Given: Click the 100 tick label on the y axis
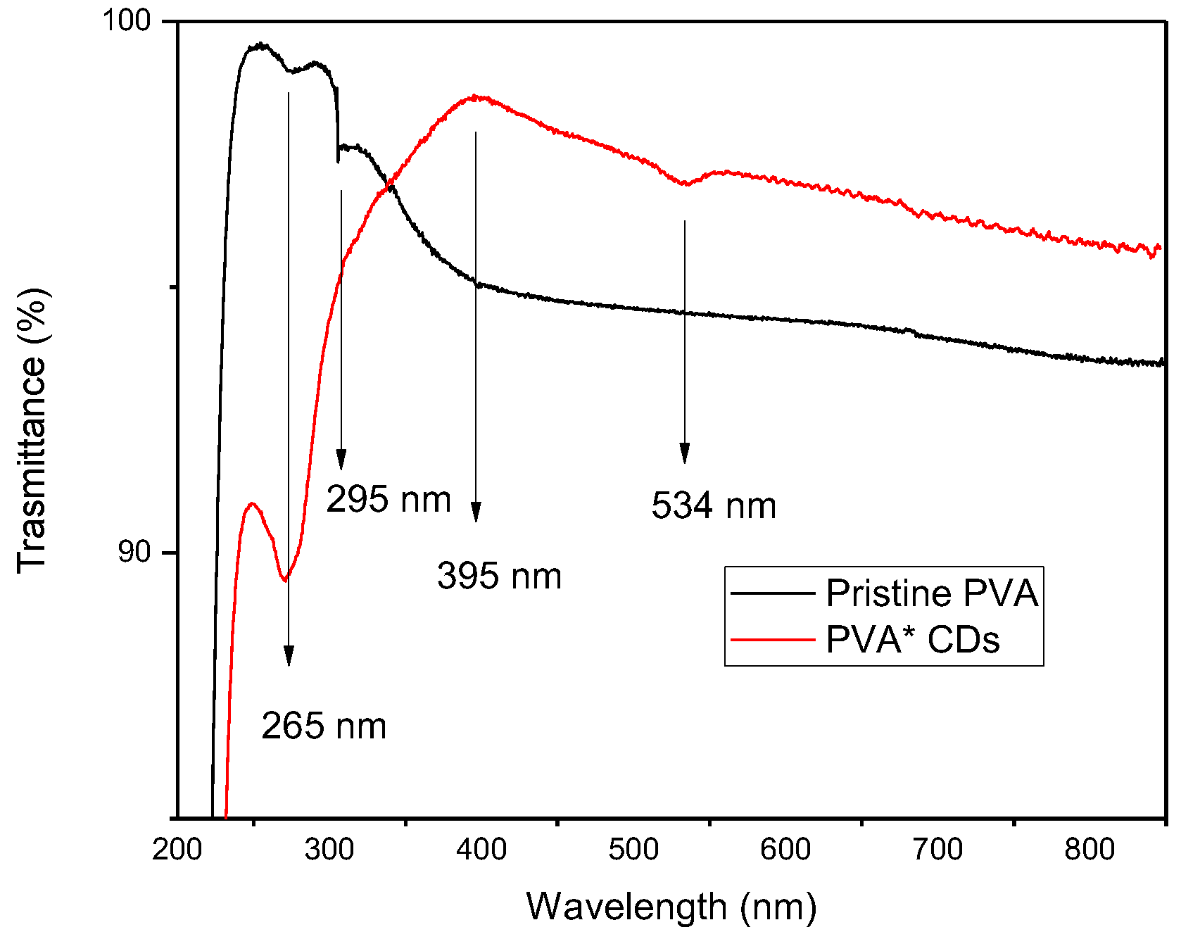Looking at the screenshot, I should (x=127, y=20).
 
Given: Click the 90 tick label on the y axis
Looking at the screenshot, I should (x=134, y=552).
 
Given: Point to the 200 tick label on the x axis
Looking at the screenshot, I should (x=177, y=850).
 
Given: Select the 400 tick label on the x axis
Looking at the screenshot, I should (x=481, y=850).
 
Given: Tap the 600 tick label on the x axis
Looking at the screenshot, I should (x=785, y=850).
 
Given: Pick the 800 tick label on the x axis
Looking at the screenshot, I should (x=1090, y=850).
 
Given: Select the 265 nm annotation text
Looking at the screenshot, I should (x=324, y=726).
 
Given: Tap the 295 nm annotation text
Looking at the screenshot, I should (x=389, y=500).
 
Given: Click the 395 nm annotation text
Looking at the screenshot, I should (x=499, y=576).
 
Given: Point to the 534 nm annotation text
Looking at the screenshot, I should (x=714, y=505).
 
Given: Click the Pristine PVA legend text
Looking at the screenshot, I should (x=932, y=593).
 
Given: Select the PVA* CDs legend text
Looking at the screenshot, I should (x=912, y=640).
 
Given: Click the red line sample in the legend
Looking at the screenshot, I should (x=773, y=640).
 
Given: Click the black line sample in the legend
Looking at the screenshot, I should (x=773, y=593).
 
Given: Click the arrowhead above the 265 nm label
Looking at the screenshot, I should (x=288, y=656).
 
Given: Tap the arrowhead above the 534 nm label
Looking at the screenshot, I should (x=684, y=454).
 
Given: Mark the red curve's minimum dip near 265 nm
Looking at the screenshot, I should (x=284, y=580).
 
